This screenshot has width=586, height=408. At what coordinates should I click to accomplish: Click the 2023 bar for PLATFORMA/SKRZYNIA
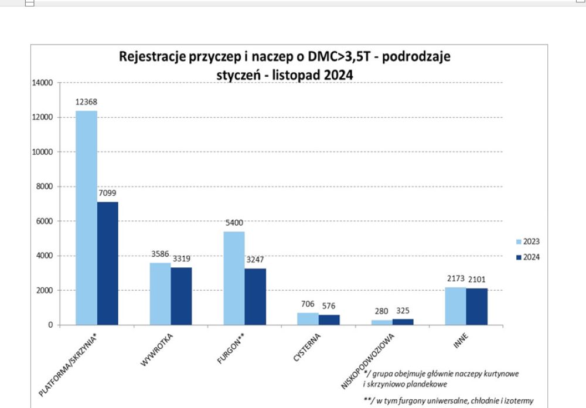pyautogui.click(x=86, y=217)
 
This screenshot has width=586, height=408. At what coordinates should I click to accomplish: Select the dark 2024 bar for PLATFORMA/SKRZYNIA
pyautogui.click(x=108, y=263)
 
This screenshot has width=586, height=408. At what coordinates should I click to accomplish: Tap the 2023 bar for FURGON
pyautogui.click(x=234, y=278)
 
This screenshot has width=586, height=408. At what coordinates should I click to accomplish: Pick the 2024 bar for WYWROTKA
pyautogui.click(x=181, y=296)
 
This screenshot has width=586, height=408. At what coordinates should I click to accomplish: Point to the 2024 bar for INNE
pyautogui.click(x=477, y=307)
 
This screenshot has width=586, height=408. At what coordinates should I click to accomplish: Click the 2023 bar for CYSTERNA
pyautogui.click(x=308, y=319)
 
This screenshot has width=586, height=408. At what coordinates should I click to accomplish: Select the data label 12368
pyautogui.click(x=86, y=102)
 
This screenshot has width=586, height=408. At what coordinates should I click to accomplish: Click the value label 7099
pyautogui.click(x=107, y=193)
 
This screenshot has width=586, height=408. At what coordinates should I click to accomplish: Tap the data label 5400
pyautogui.click(x=234, y=223)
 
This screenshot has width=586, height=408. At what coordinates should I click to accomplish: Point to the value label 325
pyautogui.click(x=403, y=311)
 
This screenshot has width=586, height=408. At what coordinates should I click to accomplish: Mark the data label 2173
pyautogui.click(x=455, y=278)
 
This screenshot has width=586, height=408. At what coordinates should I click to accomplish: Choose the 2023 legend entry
pyautogui.click(x=528, y=242)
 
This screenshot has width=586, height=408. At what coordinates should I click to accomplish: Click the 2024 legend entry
pyautogui.click(x=528, y=257)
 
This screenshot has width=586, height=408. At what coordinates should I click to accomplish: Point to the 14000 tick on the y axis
pyautogui.click(x=42, y=83)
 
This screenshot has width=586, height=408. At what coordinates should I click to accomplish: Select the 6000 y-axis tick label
pyautogui.click(x=45, y=221)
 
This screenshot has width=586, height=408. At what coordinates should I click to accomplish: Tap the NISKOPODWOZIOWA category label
pyautogui.click(x=368, y=361)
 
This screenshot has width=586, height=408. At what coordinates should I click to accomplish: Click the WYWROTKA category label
pyautogui.click(x=156, y=349)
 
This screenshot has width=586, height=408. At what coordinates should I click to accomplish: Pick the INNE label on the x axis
pyautogui.click(x=461, y=341)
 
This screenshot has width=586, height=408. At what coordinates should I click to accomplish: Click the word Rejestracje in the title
pyautogui.click(x=147, y=57)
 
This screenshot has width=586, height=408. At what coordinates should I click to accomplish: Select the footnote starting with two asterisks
pyautogui.click(x=448, y=401)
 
